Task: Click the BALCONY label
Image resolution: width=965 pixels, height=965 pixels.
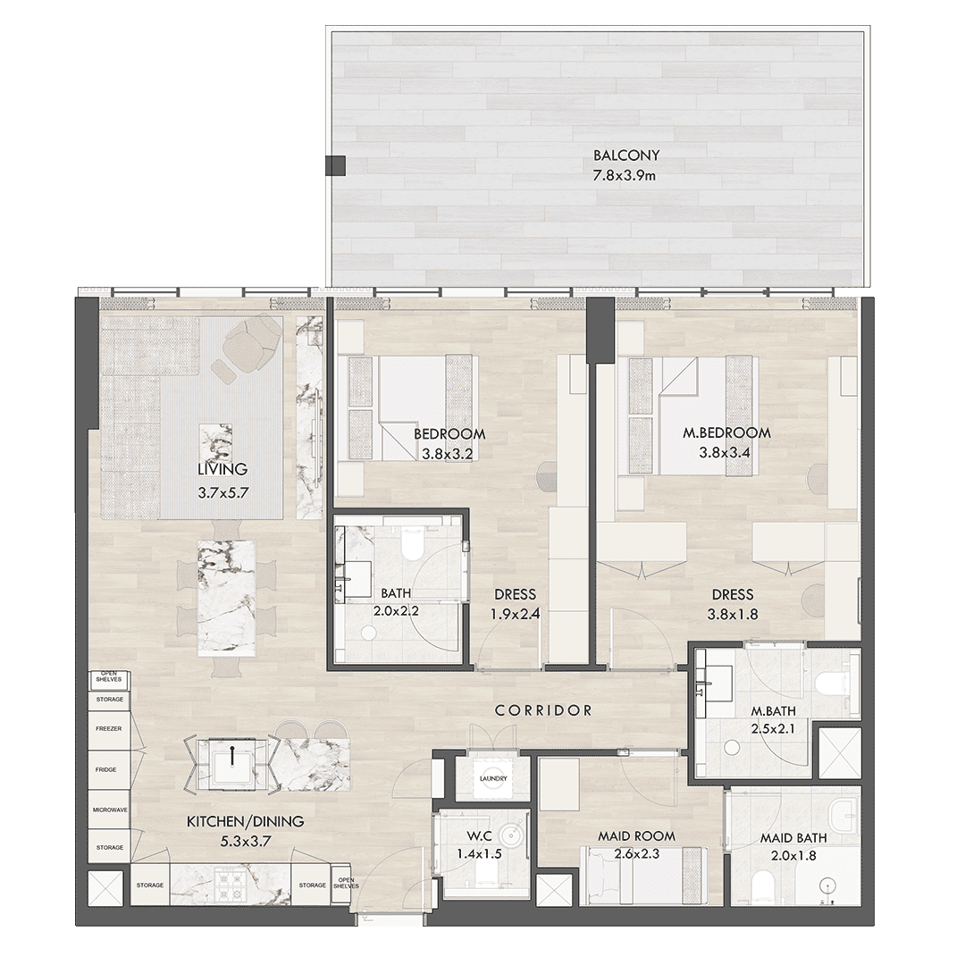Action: [625, 155]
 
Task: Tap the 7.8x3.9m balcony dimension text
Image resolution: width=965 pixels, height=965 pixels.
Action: [624, 176]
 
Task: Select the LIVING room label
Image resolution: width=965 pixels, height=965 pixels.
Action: [222, 469]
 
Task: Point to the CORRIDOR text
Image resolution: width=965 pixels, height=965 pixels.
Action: [543, 710]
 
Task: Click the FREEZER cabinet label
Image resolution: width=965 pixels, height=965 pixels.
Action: [109, 729]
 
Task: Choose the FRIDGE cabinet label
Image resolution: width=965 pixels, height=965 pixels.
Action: [105, 769]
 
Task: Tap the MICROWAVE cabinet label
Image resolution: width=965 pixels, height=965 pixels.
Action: [110, 810]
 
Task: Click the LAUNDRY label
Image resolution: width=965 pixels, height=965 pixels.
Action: [493, 778]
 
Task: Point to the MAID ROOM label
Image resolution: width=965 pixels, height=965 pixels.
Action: [636, 836]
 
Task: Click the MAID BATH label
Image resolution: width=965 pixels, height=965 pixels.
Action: [793, 837]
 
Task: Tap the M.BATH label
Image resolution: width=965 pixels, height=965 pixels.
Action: [773, 711]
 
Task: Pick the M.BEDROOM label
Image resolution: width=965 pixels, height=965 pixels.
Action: [726, 432]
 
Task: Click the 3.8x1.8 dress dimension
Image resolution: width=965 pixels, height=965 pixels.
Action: [733, 614]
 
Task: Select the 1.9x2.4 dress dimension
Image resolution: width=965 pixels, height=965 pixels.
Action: [516, 614]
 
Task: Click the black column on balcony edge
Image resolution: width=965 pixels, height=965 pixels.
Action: [335, 164]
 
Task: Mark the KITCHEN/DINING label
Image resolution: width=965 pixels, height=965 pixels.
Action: [245, 821]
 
